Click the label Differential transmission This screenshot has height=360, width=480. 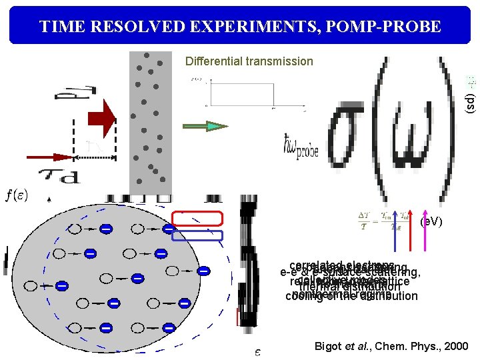point(249,61)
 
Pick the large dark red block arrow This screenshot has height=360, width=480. point(99,122)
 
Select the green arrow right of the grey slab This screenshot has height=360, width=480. point(205,125)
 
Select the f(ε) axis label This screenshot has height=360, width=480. point(17,195)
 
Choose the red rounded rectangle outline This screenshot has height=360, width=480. point(197,218)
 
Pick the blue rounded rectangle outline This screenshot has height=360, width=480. point(197,235)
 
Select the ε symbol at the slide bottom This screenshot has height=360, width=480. point(257,351)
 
